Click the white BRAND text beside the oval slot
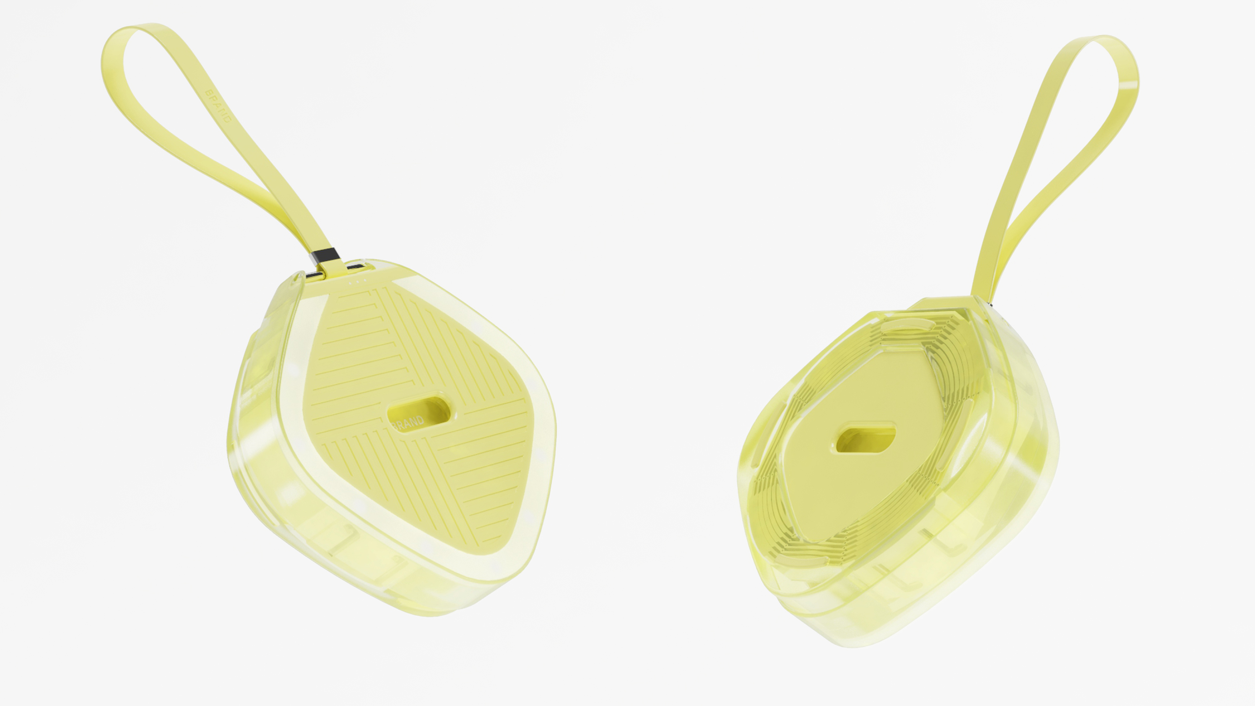(x=408, y=422)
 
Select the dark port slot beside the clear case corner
(x=314, y=276)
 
